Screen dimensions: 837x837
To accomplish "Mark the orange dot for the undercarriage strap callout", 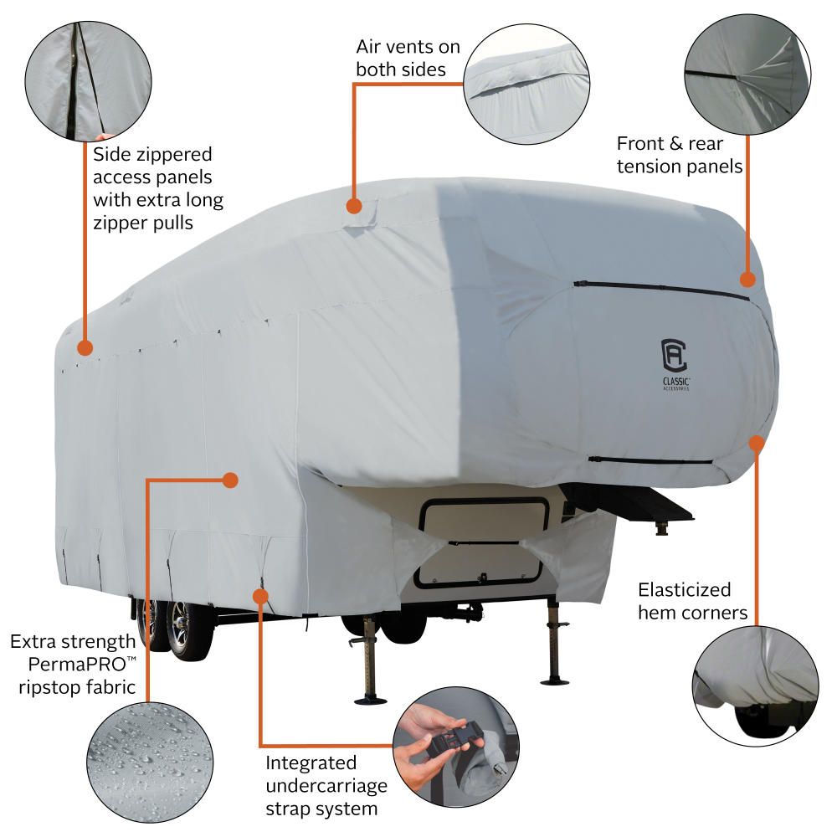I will [260, 596].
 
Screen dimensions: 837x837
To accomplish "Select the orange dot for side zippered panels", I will [85, 346].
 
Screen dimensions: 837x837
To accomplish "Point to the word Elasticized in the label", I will [684, 589].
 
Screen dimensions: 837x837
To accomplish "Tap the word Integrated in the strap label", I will [311, 763].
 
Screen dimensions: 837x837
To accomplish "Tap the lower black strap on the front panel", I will [649, 460].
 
